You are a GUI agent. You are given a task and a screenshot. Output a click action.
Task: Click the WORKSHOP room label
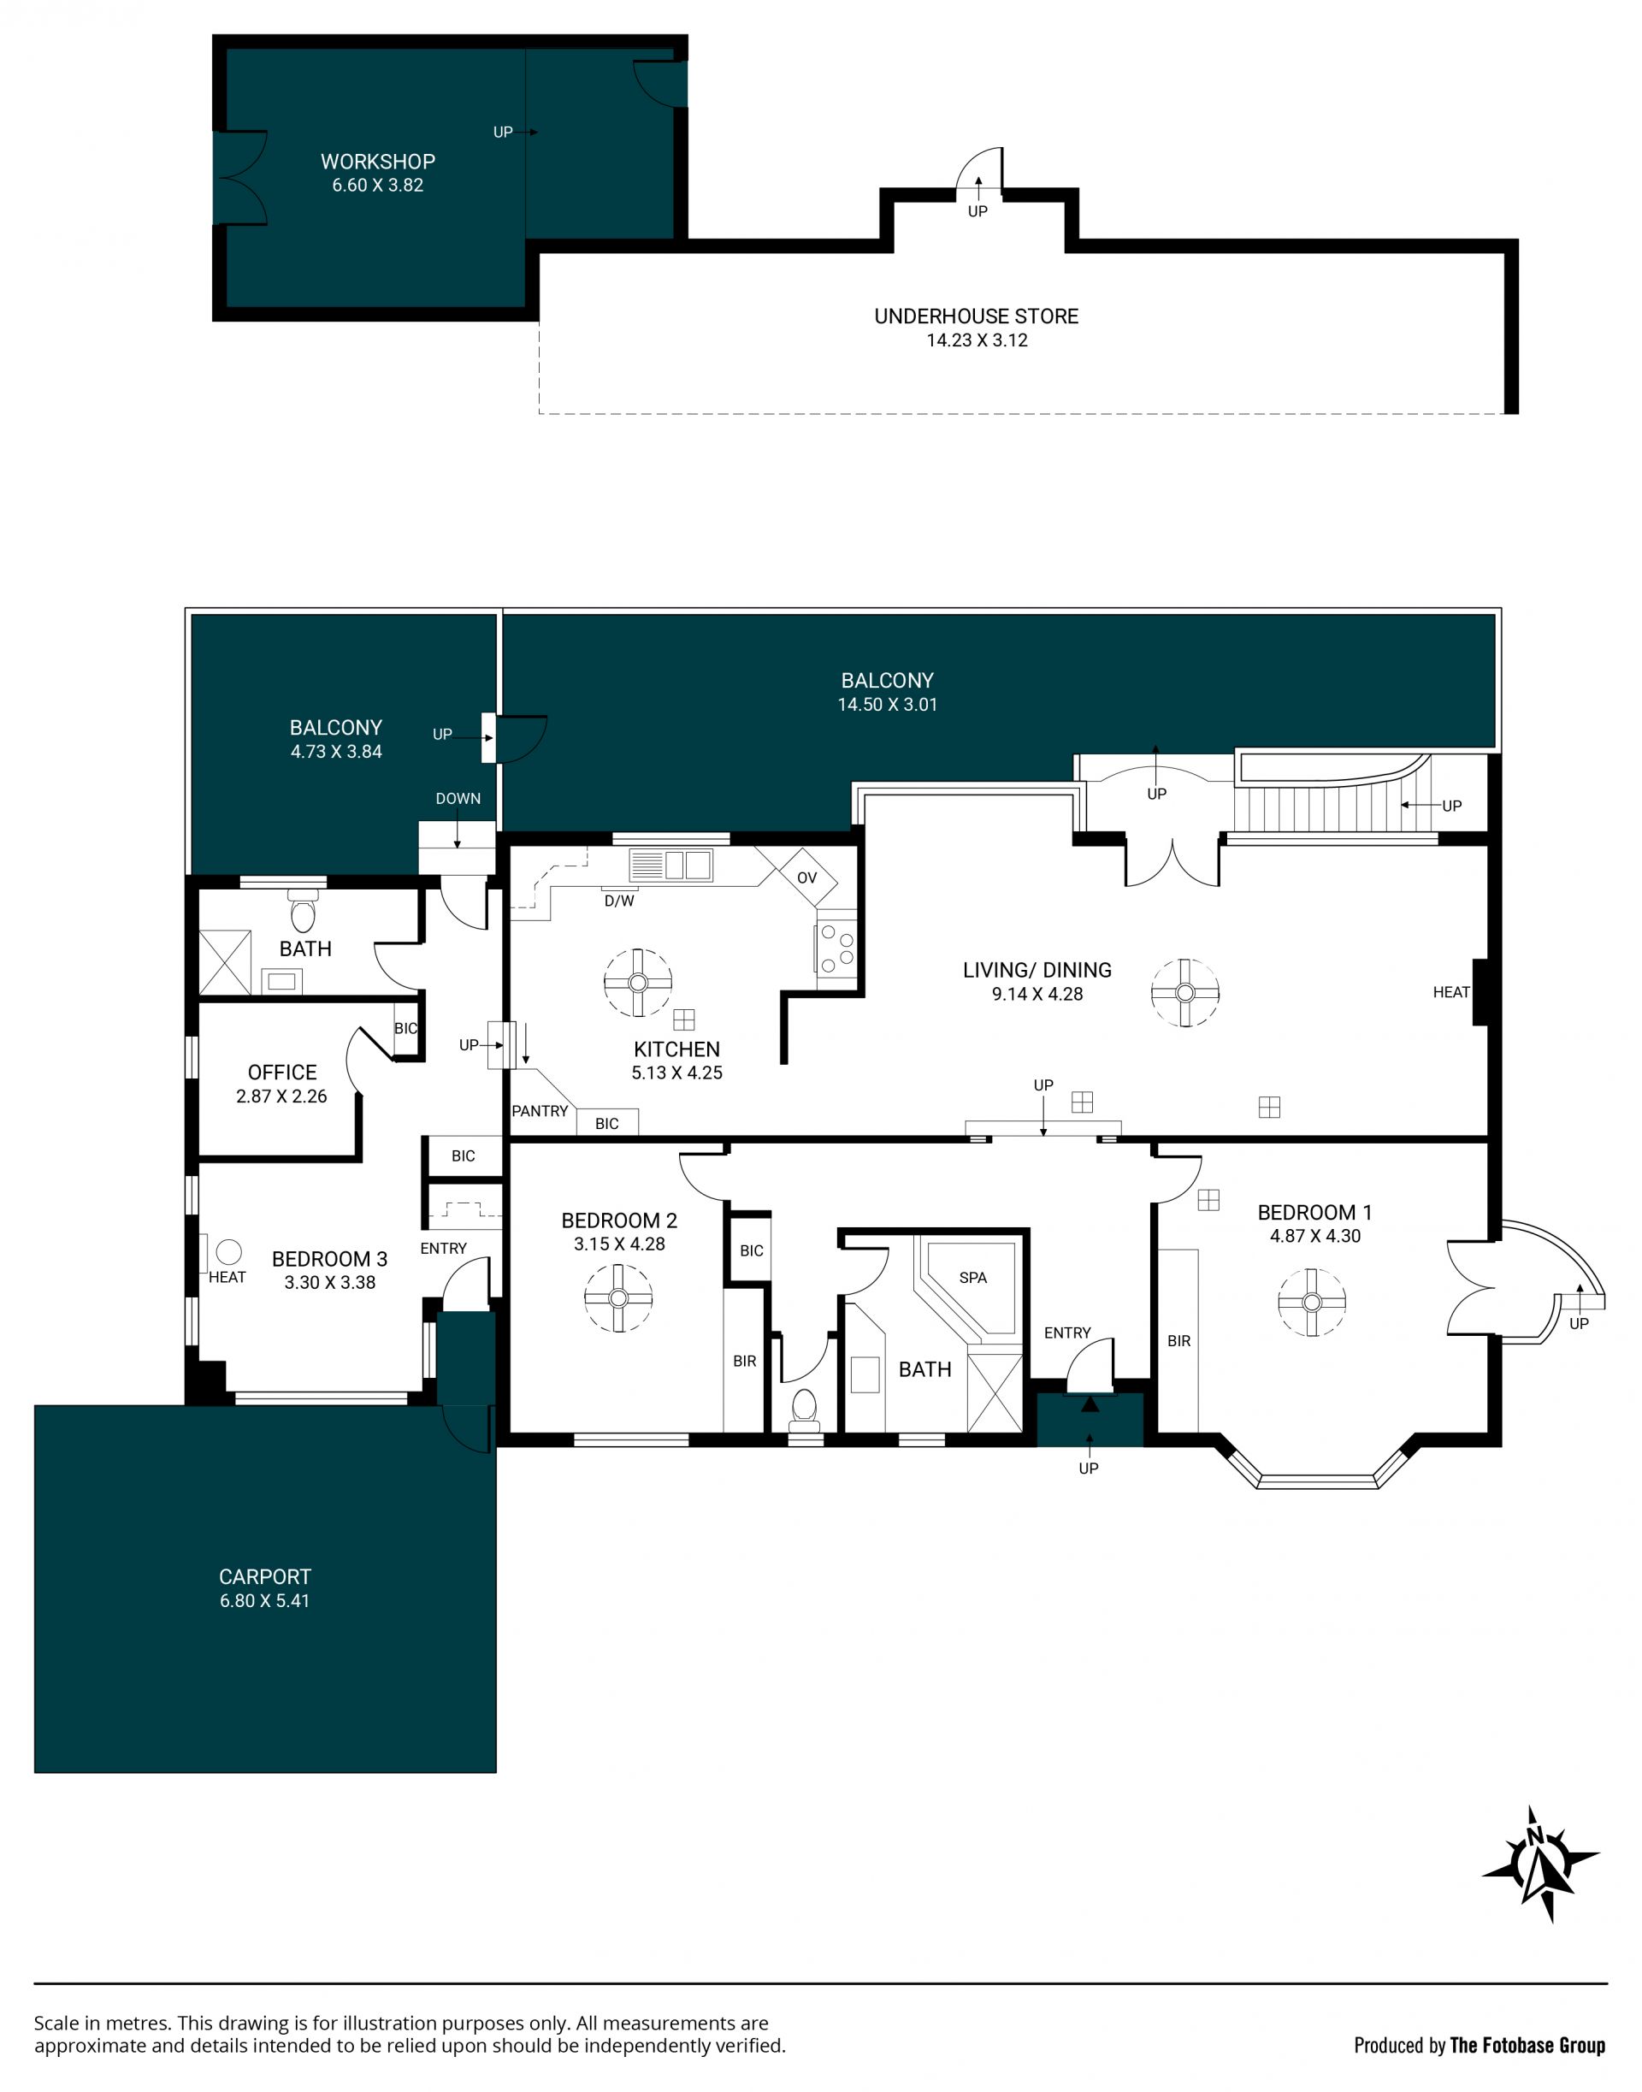[x=378, y=162]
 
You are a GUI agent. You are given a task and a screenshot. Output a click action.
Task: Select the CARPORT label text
[x=264, y=1576]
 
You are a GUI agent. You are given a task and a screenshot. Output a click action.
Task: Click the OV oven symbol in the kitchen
[x=806, y=877]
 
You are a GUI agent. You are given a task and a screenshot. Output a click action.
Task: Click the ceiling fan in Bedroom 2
[x=618, y=1298]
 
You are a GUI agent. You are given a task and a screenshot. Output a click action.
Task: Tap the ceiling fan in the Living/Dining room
[x=1185, y=993]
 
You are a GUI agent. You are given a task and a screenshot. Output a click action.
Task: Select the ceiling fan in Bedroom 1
[x=1312, y=1303]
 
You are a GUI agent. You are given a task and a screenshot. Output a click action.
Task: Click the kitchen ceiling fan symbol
[x=637, y=983]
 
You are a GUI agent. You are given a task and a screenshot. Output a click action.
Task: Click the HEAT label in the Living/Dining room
[x=1450, y=992]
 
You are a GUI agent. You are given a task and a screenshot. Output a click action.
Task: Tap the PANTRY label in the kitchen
[x=540, y=1110]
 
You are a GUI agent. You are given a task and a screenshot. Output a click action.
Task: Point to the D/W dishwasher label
[x=619, y=901]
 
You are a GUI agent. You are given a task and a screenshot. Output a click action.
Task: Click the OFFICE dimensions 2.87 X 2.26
[x=281, y=1096]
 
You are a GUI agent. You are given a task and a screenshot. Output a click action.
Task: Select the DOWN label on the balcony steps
[x=458, y=798]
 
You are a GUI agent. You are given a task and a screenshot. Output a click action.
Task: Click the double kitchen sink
[x=671, y=866]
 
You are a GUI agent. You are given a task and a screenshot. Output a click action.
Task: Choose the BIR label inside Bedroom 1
[x=1178, y=1341]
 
